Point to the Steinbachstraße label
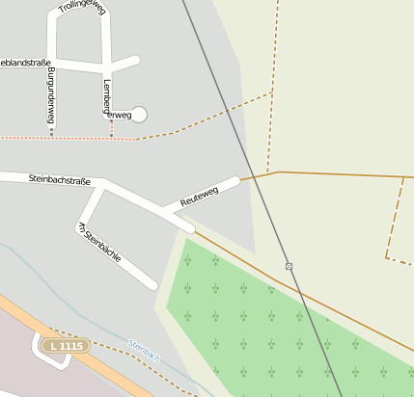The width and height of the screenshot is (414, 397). pyautogui.click(x=59, y=179)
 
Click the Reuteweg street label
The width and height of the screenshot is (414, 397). pyautogui.click(x=200, y=195)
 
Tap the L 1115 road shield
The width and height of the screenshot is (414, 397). pyautogui.click(x=66, y=345)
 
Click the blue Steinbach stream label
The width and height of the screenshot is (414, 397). pyautogui.click(x=144, y=349)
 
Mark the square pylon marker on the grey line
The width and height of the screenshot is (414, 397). pyautogui.click(x=289, y=265)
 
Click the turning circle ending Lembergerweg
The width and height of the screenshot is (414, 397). pyautogui.click(x=139, y=115)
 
